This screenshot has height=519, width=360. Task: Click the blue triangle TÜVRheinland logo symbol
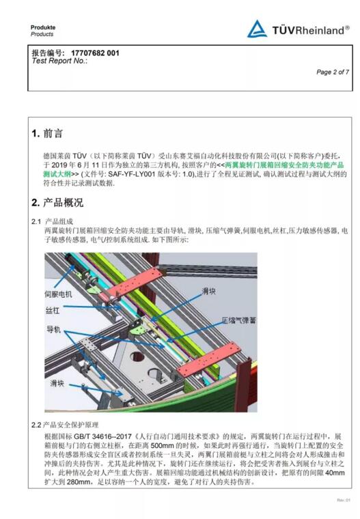pyautogui.click(x=257, y=29)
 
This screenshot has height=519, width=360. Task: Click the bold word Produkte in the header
pyautogui.click(x=43, y=27)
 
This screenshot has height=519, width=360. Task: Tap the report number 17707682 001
pyautogui.click(x=95, y=53)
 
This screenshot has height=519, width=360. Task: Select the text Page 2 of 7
pyautogui.click(x=333, y=72)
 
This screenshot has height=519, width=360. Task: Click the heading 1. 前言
pyautogui.click(x=48, y=133)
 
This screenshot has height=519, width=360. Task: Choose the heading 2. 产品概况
pyautogui.click(x=57, y=203)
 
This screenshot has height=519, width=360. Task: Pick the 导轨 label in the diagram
pyautogui.click(x=53, y=329)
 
